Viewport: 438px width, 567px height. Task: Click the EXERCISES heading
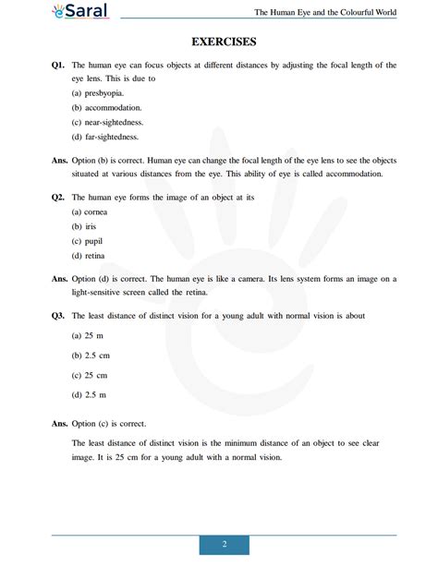224,42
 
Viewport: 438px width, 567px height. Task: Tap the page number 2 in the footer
225,545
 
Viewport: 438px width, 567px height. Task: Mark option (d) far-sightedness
104,138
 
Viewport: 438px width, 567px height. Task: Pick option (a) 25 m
87,337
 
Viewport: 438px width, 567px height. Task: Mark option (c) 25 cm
89,375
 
